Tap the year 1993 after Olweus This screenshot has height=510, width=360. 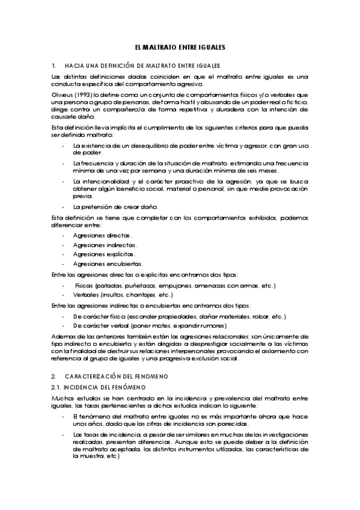[x=82, y=94]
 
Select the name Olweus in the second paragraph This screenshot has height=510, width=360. [x=62, y=94]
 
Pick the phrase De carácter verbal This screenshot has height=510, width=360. [x=100, y=326]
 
